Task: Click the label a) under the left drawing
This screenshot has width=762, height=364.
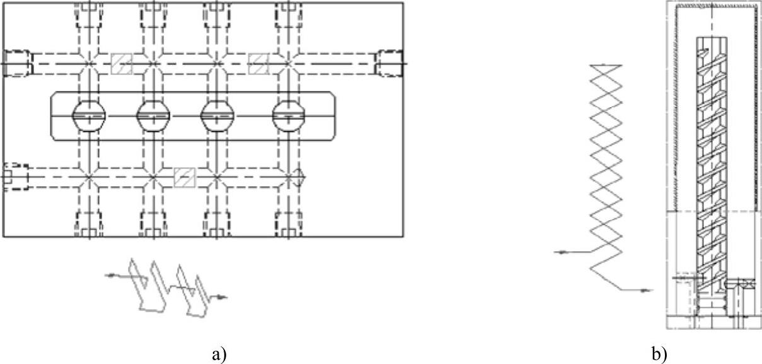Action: [x=219, y=355]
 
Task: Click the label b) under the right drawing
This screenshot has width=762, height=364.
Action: [x=659, y=355]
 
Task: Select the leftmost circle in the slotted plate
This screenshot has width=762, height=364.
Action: [x=89, y=116]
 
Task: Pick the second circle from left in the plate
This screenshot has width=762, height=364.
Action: [x=154, y=116]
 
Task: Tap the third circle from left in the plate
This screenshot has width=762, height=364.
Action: [x=217, y=116]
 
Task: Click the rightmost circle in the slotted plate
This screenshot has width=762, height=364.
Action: [x=288, y=116]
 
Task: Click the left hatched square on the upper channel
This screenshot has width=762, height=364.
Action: [x=122, y=63]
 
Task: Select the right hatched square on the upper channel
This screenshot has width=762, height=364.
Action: [x=258, y=63]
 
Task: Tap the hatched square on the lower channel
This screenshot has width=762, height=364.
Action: [x=185, y=177]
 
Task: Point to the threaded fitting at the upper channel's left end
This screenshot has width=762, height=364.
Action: [x=16, y=63]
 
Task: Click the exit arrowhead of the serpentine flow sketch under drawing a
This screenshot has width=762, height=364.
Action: [x=221, y=296]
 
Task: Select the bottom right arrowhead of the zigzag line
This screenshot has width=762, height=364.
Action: [x=648, y=290]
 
